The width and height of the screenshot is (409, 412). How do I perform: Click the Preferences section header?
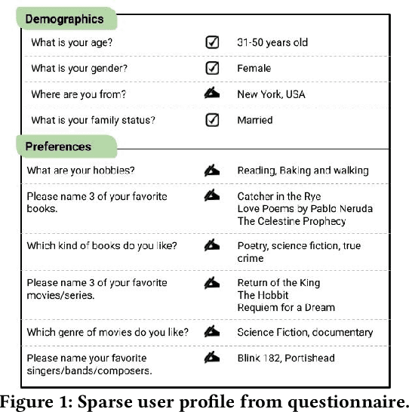58,146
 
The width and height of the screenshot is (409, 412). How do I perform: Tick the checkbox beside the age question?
212,43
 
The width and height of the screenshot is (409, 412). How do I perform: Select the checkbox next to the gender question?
212,69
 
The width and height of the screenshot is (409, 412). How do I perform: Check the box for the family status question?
212,120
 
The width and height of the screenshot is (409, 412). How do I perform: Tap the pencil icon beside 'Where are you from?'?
212,94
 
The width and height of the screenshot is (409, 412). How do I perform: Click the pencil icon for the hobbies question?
212,171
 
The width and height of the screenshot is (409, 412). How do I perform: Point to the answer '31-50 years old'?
272,43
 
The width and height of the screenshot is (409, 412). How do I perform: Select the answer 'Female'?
254,69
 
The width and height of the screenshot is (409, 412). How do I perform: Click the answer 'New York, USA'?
271,94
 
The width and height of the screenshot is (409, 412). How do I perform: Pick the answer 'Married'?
255,120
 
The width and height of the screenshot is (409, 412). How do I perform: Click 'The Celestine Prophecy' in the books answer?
291,221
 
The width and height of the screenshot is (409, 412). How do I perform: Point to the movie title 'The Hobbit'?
263,295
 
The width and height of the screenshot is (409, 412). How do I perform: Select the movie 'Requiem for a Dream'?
285,307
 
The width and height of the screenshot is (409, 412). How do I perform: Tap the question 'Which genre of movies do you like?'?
108,332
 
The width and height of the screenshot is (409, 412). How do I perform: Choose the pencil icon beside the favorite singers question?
212,358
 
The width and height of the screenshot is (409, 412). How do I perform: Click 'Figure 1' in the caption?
38,398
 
